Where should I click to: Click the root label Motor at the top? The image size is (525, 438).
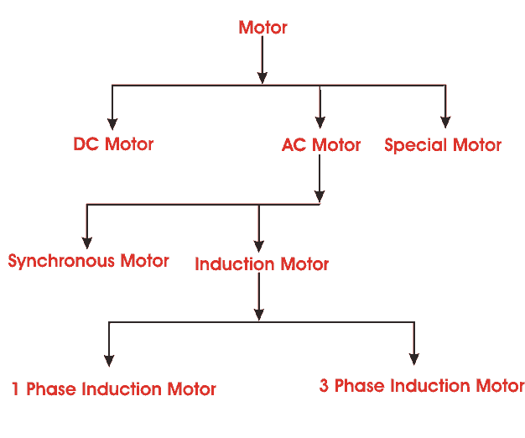coord(262,28)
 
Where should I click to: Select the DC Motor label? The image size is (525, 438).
coord(113,144)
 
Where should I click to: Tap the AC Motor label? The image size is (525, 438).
coord(321,145)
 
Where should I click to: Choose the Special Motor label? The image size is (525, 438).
coord(443,145)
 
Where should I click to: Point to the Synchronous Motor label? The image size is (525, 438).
coord(88,261)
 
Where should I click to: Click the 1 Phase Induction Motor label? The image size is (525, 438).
coord(113,389)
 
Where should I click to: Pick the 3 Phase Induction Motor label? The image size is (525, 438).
coord(422,386)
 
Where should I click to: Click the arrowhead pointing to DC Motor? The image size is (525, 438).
coord(112,120)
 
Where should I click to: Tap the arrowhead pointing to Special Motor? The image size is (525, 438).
coord(445,120)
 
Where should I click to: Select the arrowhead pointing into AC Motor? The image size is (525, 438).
coord(320,120)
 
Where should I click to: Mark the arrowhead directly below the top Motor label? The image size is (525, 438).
coord(262,76)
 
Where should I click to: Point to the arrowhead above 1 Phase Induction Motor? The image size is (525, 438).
coord(109,358)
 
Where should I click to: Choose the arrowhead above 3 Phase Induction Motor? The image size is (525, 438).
coord(413,358)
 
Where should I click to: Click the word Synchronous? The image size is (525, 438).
coord(61,261)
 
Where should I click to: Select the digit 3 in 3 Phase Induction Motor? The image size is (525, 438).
coord(325,386)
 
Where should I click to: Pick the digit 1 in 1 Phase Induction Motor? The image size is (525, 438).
coord(16,389)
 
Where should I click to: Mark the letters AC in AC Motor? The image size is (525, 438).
coord(294,145)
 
